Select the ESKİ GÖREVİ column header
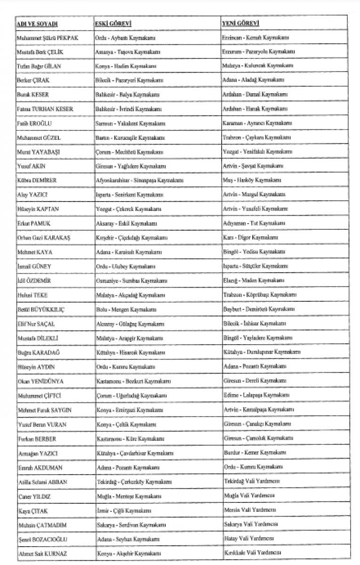[x=112, y=23]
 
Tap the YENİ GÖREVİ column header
[x=241, y=23]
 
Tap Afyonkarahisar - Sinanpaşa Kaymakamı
[x=139, y=180]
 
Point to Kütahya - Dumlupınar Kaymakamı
[x=262, y=352]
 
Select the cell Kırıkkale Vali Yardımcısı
[x=253, y=552]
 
